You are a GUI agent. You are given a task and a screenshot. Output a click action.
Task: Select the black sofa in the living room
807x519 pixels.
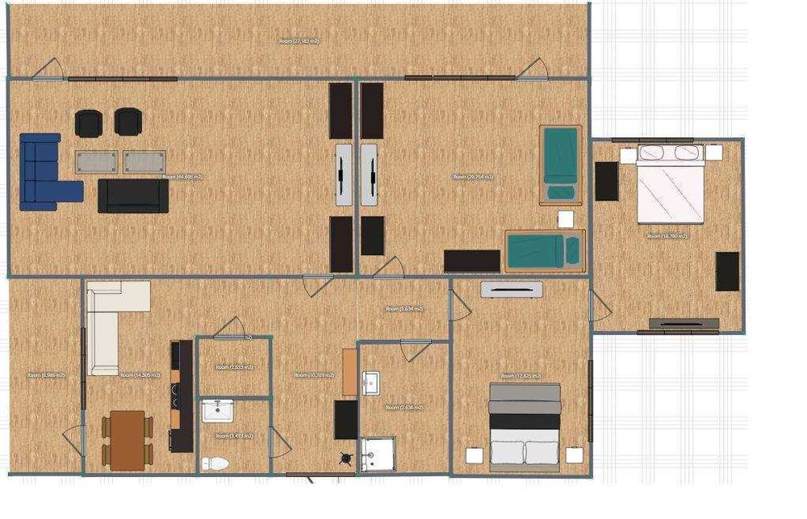click(133, 195)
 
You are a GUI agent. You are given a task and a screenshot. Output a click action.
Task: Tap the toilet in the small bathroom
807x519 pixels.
click(216, 462)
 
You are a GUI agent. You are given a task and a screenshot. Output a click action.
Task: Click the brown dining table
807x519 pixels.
click(128, 440)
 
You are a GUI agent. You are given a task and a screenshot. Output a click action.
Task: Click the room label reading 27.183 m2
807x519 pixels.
click(299, 40)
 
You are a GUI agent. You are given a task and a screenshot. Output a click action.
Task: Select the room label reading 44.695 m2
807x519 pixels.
click(182, 176)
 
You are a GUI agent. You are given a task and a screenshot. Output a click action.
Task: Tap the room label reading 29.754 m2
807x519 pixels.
click(472, 176)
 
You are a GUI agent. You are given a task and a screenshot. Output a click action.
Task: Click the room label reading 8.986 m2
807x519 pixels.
click(46, 375)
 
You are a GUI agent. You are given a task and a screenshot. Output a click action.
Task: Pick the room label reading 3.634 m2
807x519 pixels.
click(404, 309)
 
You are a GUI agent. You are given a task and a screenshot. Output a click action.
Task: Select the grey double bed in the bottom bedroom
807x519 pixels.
click(525, 424)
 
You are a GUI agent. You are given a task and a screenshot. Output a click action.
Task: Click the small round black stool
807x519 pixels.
click(348, 459)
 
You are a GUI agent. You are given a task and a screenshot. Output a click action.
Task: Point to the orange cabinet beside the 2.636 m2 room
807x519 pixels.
click(349, 374)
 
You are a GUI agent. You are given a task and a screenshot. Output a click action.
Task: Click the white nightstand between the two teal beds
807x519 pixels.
click(565, 219)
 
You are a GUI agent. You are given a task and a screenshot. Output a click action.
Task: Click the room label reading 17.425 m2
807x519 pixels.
click(521, 376)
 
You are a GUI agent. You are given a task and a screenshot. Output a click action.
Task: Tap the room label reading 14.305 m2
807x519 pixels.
click(140, 375)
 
